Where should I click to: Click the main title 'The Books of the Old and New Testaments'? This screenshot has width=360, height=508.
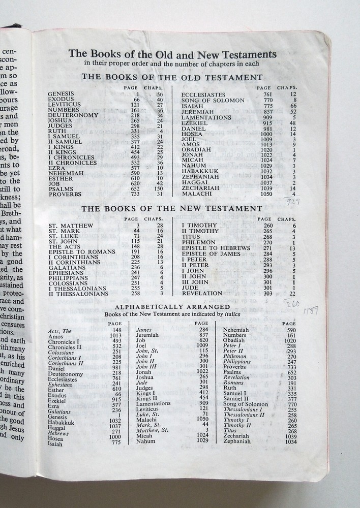pos(172,54)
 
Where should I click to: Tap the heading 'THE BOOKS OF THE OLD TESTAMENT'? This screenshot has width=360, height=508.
pos(172,77)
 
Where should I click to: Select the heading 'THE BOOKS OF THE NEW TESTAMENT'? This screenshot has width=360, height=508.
pos(172,209)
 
